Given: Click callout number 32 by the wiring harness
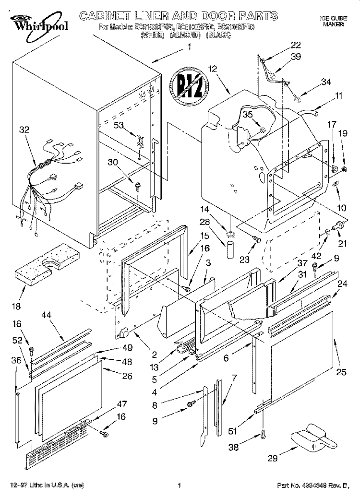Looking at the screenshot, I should coord(24,129).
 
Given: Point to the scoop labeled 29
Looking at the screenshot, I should coord(312,439).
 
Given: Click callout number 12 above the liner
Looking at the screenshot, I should coord(213,69).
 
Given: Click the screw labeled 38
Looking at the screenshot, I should coord(263,435).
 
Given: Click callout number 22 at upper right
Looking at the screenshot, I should coord(296,46).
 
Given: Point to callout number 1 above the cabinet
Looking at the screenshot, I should coord(189,47).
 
